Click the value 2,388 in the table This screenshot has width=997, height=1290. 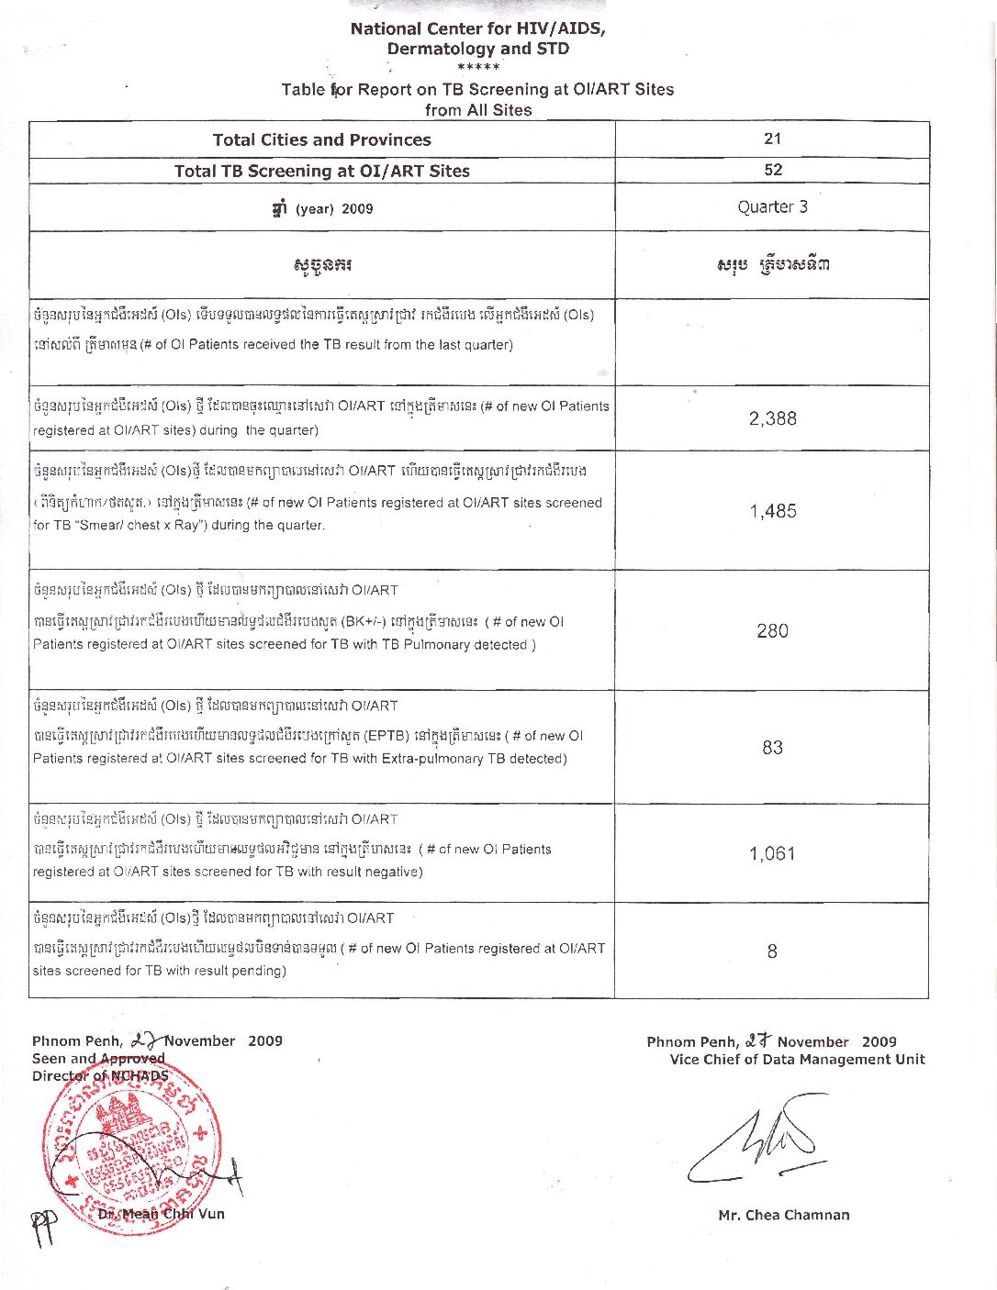coord(772,418)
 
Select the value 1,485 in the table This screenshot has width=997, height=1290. coord(772,511)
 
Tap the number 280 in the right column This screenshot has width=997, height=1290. coord(772,630)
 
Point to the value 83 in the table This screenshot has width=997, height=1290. coord(772,747)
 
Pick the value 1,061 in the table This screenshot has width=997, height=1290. coord(772,853)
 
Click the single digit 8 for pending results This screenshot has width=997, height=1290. coord(772,951)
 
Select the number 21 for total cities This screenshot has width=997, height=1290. coord(772,139)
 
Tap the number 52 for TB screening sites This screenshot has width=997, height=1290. coord(773,170)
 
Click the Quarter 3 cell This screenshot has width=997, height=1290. coord(772,206)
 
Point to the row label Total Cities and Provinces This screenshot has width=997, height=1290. coord(321,139)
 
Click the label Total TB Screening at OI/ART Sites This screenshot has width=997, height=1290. coord(321,171)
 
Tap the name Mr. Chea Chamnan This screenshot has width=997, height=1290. coord(783,1215)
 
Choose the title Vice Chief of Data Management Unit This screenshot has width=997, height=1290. coord(797,1060)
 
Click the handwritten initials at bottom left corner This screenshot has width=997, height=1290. coord(43,1228)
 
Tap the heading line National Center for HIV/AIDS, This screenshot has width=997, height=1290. coord(477,28)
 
